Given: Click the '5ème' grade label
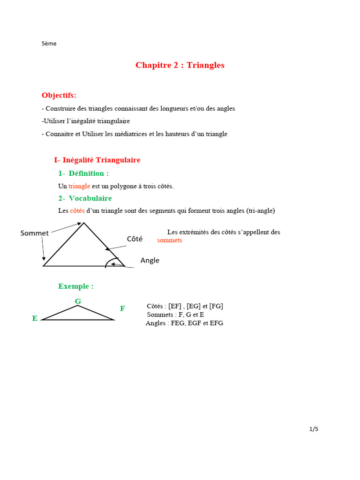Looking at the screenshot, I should (49, 44).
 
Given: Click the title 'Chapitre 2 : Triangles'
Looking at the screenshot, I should (180, 65).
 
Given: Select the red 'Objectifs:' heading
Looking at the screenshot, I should (59, 95).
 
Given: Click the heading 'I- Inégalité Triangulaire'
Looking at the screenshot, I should (97, 160).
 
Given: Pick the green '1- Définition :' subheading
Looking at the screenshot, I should (83, 173).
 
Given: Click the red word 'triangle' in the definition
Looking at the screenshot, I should (79, 186).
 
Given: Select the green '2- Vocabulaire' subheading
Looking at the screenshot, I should (85, 198).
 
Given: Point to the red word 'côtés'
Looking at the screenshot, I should (77, 211).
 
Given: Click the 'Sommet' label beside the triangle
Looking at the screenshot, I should (35, 233).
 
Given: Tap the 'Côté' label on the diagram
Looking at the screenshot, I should (135, 239).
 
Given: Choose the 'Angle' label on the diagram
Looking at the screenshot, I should (150, 261).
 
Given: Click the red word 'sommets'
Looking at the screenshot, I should (170, 240).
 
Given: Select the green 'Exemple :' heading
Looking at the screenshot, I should (76, 286).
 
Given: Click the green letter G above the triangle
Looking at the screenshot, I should (78, 301).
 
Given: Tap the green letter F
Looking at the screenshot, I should (122, 308).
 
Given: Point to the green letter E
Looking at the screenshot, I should (35, 318).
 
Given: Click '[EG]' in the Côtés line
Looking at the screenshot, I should (194, 306).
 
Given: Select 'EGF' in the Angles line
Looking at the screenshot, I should (194, 323).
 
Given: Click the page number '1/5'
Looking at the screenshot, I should (314, 429).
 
